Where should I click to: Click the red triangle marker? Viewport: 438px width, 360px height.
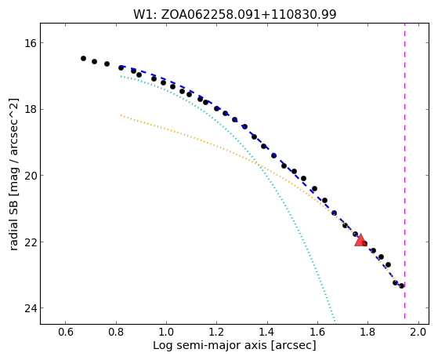360,240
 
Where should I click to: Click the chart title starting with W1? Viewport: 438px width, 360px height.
234,15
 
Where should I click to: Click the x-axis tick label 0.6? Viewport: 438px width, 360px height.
65,332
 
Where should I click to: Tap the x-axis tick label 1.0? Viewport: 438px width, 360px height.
166,332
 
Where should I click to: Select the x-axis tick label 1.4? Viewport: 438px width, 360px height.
267,332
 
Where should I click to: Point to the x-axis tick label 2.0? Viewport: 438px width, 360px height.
418,332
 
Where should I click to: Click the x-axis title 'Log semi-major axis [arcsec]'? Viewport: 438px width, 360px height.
234,346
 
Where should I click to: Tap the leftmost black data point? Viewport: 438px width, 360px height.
83,58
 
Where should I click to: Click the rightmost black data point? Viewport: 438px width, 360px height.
401,285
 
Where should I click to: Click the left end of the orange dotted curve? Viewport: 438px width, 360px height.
121,115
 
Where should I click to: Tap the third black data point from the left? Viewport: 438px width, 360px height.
107,64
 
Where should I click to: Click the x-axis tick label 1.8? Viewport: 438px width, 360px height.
368,332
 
